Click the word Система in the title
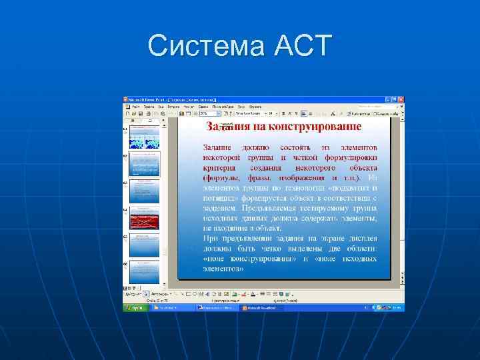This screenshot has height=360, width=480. point(206,46)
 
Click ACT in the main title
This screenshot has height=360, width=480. point(302,46)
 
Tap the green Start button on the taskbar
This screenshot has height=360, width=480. point(134,308)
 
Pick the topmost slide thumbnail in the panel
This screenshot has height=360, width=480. point(145,136)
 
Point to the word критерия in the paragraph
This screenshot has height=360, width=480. point(220,167)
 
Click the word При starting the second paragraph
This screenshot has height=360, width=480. point(209,238)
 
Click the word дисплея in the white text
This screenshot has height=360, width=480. point(363,238)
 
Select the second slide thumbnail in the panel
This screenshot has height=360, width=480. point(145,163)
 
